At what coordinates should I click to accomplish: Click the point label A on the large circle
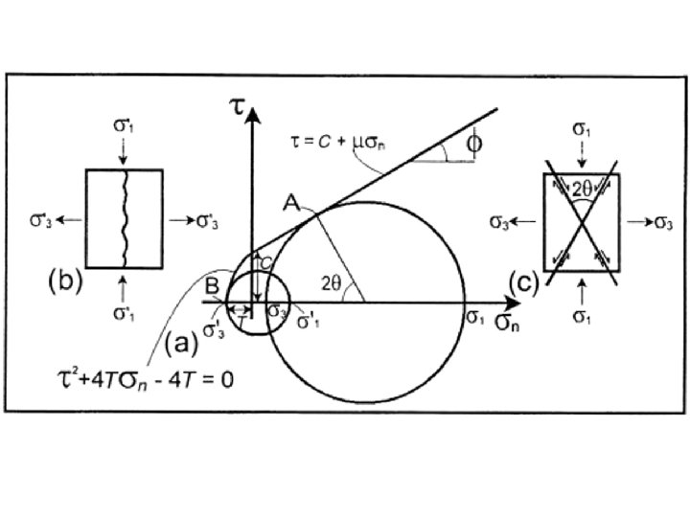291,203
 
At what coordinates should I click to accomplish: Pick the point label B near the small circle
213,283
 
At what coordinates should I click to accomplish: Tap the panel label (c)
526,281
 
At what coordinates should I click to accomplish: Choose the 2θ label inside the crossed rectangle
582,189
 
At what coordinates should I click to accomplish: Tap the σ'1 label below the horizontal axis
308,321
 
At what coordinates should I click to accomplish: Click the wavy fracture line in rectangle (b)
126,219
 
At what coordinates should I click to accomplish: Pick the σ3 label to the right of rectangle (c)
662,222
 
